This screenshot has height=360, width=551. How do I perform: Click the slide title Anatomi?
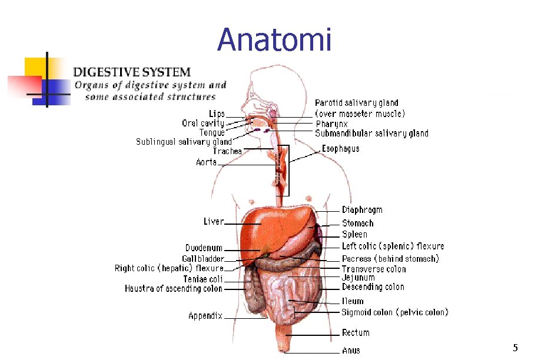coord(274,40)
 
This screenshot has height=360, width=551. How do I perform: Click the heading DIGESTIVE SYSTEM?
coord(131,72)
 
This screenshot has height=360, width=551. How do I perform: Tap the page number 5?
coord(515,348)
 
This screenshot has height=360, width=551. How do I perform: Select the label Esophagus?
coord(340,149)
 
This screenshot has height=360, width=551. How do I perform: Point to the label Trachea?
coord(227,151)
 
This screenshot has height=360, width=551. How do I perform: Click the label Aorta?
coord(206,162)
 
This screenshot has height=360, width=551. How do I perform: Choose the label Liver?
coord(214,222)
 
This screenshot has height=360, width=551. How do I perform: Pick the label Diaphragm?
coord(362,210)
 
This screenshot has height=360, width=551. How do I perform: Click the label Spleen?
coord(354,234)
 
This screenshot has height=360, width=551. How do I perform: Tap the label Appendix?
coord(205,316)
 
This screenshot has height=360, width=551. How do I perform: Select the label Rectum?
coord(356,333)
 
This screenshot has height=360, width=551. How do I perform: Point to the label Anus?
coord(351,351)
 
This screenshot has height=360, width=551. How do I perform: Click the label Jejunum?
coord(358,278)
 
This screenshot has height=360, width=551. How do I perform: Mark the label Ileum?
coord(353,301)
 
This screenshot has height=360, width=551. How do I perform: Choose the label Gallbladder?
coord(203,259)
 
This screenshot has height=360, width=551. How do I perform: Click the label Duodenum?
coord(204,248)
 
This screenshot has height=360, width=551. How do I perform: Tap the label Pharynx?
coord(331,124)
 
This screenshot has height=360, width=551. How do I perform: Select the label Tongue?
coord(211,133)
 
